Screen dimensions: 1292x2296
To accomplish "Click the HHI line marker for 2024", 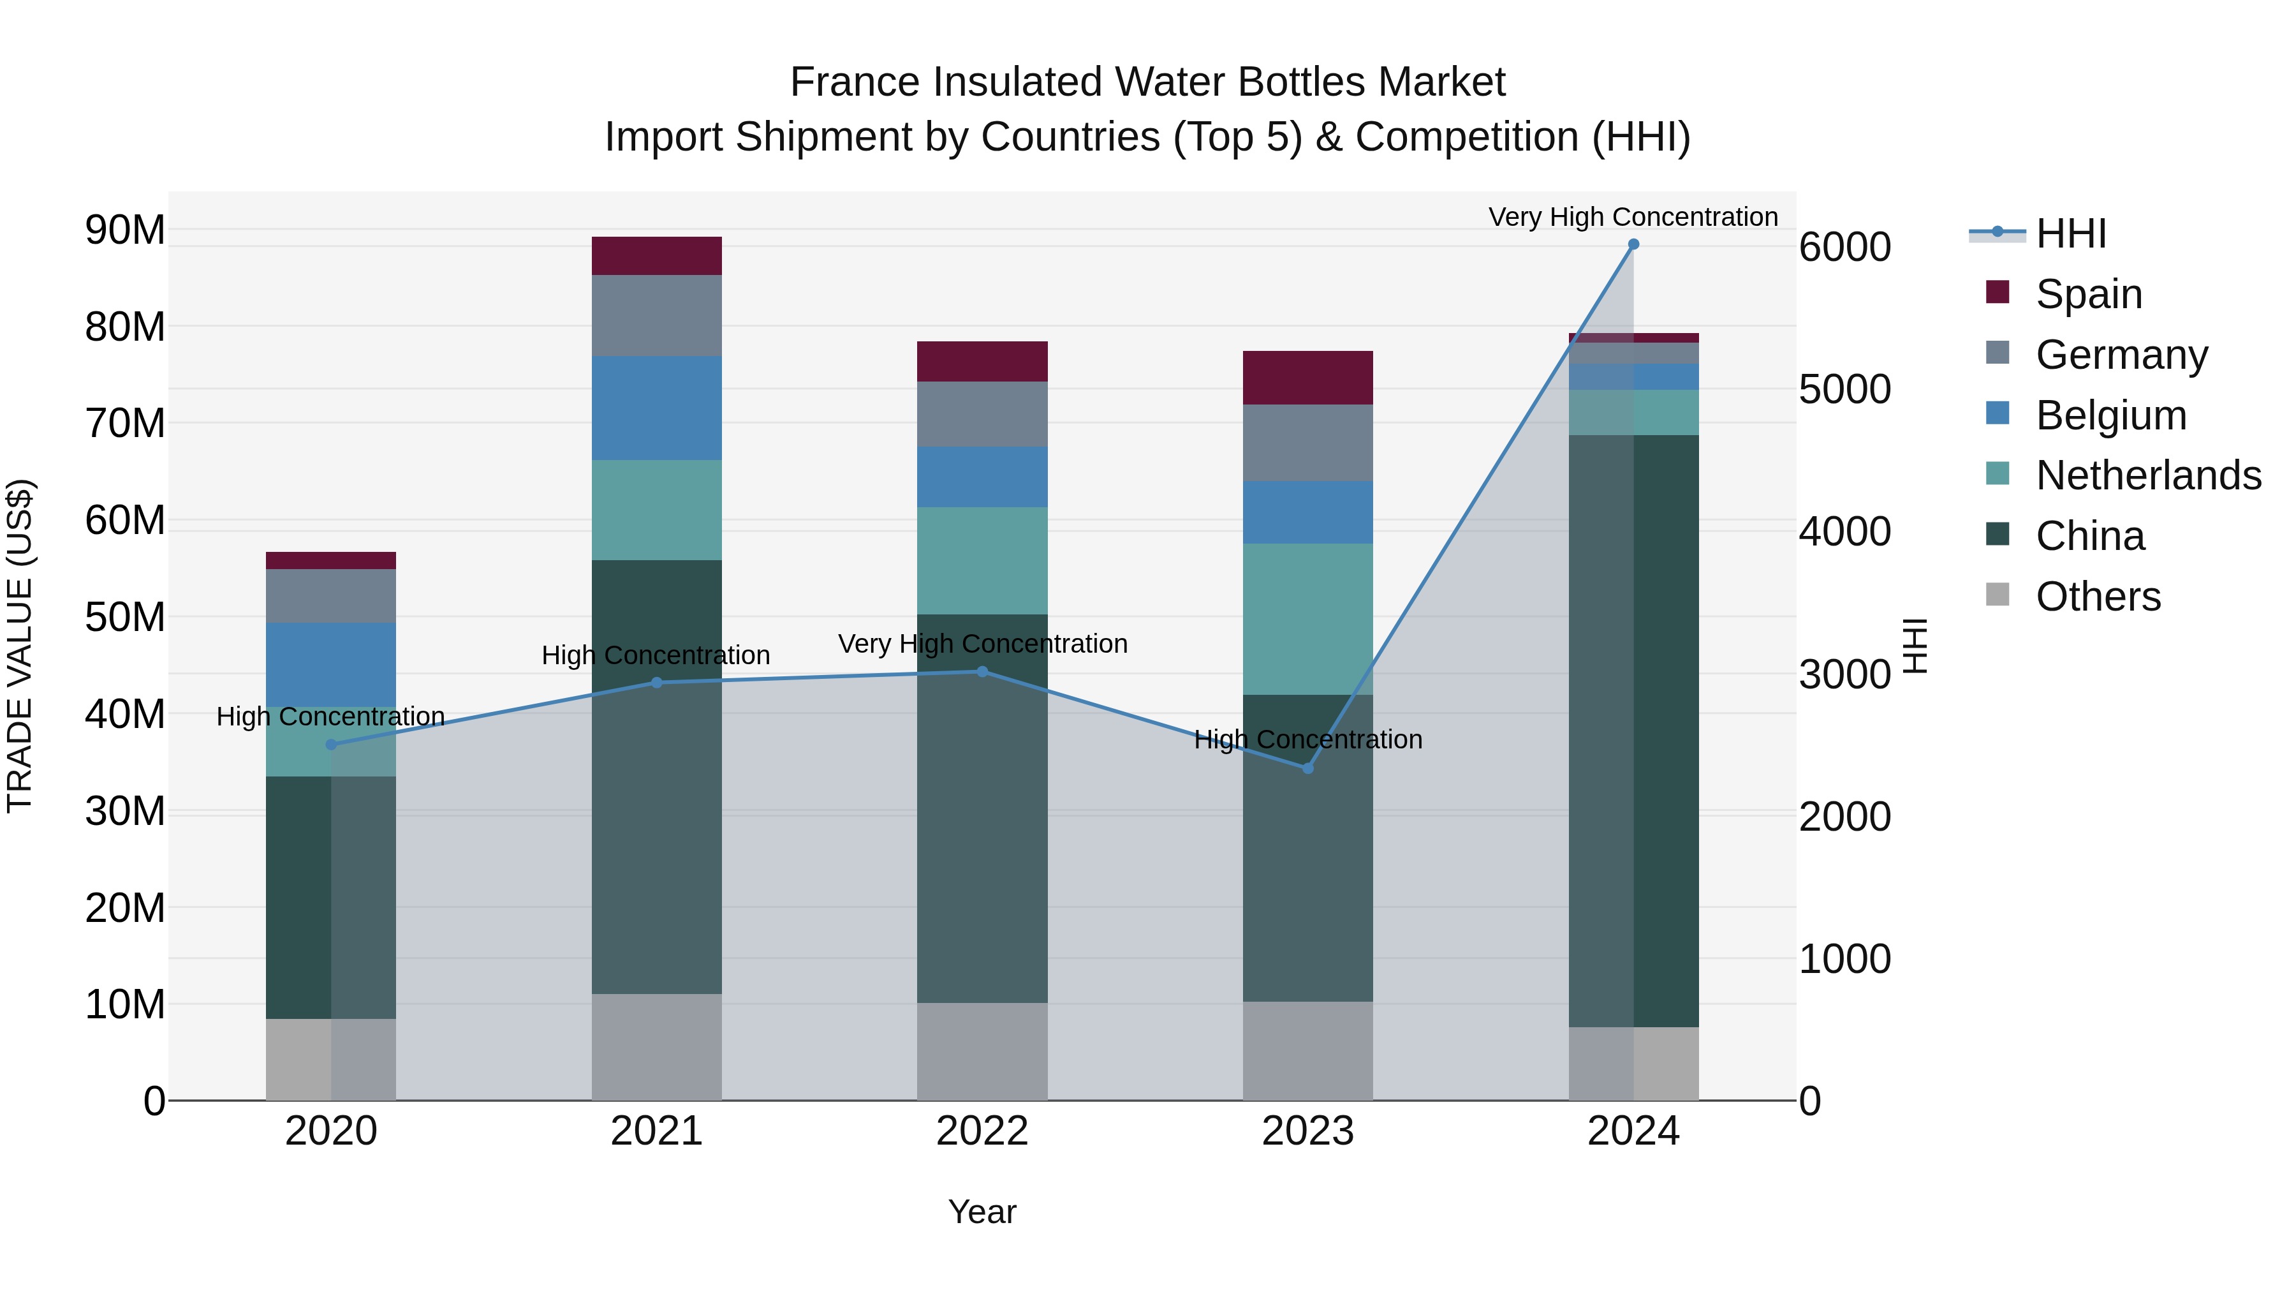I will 1633,244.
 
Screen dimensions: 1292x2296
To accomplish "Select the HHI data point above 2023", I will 1307,768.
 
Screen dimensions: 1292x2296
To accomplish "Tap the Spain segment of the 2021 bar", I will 656,256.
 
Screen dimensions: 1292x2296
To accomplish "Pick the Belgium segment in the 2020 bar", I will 330,664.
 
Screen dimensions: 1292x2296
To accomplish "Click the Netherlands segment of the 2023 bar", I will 1307,619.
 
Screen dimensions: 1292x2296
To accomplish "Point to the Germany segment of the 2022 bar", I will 982,413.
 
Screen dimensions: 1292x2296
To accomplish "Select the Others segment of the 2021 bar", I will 656,1047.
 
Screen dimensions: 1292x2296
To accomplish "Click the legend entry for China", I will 2089,536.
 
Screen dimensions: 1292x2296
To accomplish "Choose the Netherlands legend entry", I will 2148,475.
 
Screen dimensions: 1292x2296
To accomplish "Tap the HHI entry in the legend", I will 2070,234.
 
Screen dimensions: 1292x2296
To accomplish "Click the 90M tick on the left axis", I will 125,230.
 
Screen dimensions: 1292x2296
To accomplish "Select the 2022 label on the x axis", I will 982,1131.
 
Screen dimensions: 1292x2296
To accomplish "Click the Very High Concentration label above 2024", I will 1633,217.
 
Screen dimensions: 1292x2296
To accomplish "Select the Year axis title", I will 982,1212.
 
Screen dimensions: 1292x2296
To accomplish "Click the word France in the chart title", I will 854,82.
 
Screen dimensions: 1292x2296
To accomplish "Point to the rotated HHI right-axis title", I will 1915,646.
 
